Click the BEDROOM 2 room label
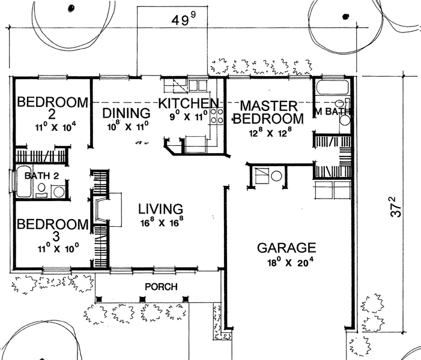click(53, 108)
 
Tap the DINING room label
click(126, 113)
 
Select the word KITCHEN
click(189, 103)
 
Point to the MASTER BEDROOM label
click(268, 112)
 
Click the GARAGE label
click(286, 248)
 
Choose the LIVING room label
click(160, 209)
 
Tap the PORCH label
click(161, 287)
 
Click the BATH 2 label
click(41, 176)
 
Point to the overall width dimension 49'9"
click(184, 20)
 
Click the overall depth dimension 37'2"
click(396, 206)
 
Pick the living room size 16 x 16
click(162, 222)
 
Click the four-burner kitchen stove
click(217, 116)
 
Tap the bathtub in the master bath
click(332, 86)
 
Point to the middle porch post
click(142, 299)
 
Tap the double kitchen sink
click(198, 86)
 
